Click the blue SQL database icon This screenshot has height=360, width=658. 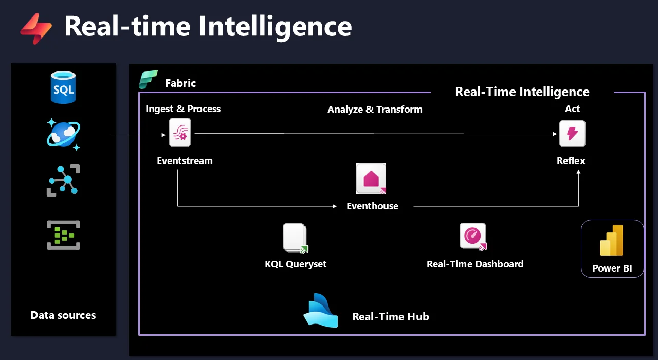pyautogui.click(x=63, y=88)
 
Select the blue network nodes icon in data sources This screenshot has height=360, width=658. pyautogui.click(x=63, y=180)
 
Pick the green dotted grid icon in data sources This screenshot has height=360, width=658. pyautogui.click(x=63, y=235)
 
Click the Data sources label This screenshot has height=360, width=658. pyautogui.click(x=63, y=315)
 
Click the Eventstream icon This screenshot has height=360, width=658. pyautogui.click(x=180, y=133)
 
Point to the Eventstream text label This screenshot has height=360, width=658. pyautogui.click(x=185, y=161)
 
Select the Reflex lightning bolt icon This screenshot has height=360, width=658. pyautogui.click(x=572, y=134)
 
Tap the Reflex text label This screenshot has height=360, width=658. pyautogui.click(x=571, y=161)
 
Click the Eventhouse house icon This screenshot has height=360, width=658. pyautogui.click(x=371, y=178)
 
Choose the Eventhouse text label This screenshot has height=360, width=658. pyautogui.click(x=372, y=206)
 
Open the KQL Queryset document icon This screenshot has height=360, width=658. pyautogui.click(x=295, y=238)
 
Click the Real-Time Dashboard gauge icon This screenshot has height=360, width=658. pyautogui.click(x=473, y=236)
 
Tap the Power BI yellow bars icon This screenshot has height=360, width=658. pyautogui.click(x=612, y=240)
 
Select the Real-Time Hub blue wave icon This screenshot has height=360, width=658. pyautogui.click(x=321, y=311)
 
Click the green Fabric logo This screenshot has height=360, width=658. pyautogui.click(x=148, y=80)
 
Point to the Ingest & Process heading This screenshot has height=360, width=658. pyautogui.click(x=183, y=109)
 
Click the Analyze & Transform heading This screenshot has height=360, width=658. pyautogui.click(x=375, y=110)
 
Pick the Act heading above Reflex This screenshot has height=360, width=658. pyautogui.click(x=572, y=109)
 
